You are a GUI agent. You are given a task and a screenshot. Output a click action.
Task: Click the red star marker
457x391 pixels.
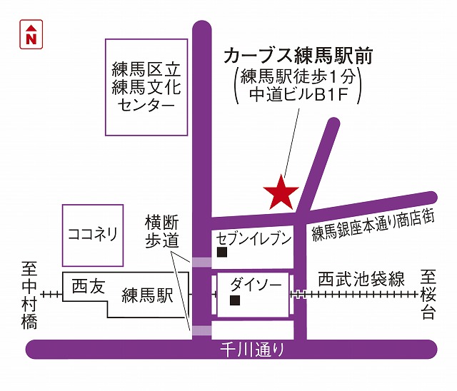(281, 192)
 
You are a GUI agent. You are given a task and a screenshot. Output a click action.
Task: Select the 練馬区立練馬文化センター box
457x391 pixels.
(146, 87)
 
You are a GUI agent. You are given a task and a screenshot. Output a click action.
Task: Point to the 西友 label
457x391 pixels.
(88, 288)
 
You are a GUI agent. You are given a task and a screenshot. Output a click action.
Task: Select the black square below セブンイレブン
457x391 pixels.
(221, 253)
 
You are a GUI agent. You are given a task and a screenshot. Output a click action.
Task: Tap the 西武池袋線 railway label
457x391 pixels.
(361, 279)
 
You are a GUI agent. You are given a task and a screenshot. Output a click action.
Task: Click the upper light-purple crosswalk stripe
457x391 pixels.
(202, 262)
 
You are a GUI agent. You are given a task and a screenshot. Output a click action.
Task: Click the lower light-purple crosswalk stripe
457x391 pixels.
(202, 330)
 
